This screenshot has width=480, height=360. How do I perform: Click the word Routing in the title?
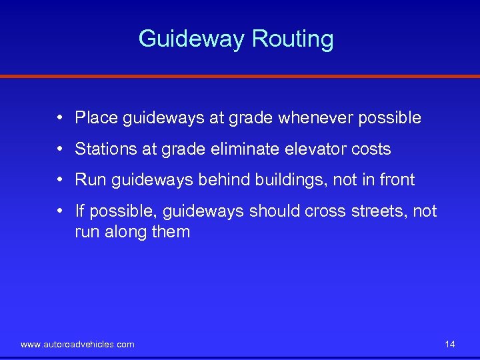click(293, 39)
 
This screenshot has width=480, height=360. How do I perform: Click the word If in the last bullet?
click(80, 211)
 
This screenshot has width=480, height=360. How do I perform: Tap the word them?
click(171, 232)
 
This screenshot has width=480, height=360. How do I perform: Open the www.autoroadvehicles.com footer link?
click(77, 345)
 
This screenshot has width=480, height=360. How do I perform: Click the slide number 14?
click(450, 345)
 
